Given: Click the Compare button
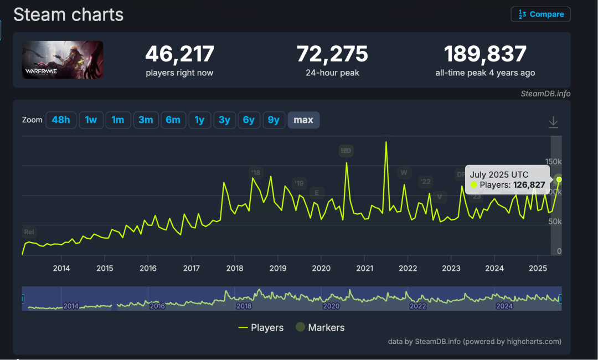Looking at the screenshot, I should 540,14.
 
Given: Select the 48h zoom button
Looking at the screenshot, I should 61,120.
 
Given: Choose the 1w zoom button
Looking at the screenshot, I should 91,120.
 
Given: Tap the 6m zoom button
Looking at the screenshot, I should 173,120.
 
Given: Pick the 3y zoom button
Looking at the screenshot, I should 224,120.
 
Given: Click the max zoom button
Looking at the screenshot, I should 303,120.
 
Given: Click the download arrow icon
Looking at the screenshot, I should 553,122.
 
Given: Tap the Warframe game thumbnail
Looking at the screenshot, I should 63,60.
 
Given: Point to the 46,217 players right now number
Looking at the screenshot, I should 179,54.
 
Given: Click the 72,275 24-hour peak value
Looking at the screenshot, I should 332,54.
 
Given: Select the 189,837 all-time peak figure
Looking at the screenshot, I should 485,54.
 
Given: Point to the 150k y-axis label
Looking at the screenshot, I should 553,162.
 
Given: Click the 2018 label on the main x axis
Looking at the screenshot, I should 234,269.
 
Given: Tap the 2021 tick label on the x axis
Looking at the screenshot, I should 364,269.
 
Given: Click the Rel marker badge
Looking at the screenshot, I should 29,232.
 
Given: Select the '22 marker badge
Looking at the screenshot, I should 425,182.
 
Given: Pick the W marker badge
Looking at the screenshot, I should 404,172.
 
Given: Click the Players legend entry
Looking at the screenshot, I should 261,328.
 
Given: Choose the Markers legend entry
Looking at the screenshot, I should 320,328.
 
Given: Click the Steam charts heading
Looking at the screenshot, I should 68,15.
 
